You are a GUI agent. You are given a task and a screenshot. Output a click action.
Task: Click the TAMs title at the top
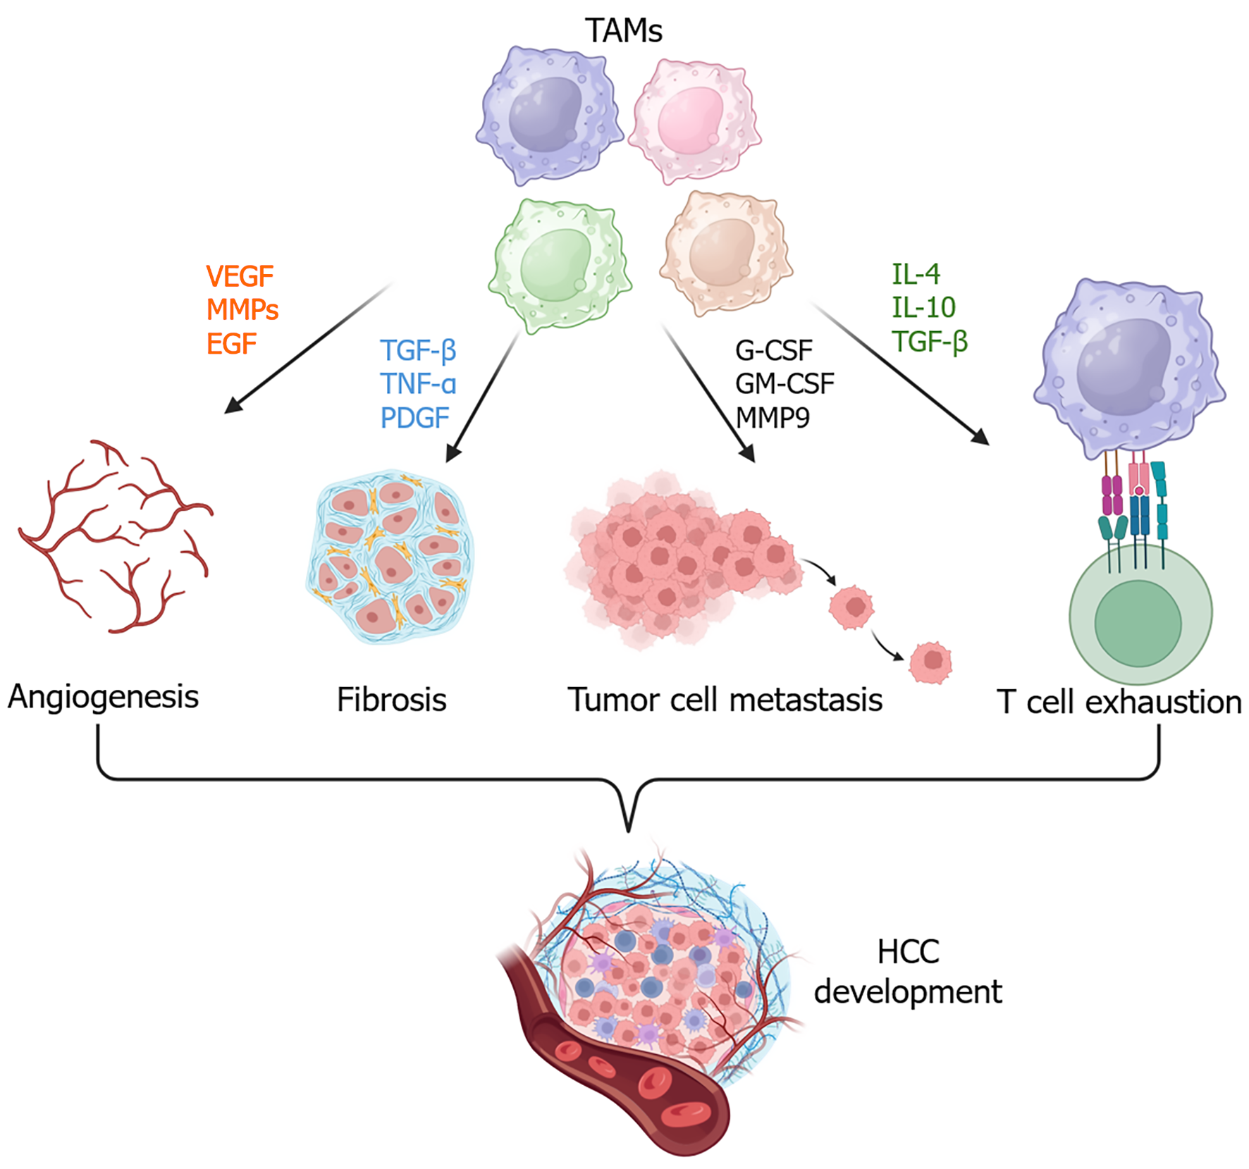coord(624,31)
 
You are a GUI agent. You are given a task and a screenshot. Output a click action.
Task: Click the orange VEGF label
coord(240,276)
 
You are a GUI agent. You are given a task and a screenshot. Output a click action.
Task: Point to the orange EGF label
coord(231,344)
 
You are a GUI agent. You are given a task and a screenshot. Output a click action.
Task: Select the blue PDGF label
coord(414,418)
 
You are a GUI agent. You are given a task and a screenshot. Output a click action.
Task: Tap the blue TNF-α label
coord(418,384)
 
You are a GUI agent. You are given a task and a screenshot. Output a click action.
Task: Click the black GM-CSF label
coord(785,384)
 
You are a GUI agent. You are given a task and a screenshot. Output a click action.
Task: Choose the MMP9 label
coord(773,418)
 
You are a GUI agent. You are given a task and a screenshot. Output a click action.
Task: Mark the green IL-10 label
coord(923,307)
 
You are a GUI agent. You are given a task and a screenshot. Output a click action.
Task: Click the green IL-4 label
coord(916,274)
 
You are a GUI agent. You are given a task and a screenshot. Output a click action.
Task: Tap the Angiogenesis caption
coord(104,697)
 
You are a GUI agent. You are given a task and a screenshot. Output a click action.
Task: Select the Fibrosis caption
coord(392,700)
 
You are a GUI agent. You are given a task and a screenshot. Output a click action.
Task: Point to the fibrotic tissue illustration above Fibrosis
coord(390,557)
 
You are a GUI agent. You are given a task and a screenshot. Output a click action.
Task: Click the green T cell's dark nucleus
coord(1138,623)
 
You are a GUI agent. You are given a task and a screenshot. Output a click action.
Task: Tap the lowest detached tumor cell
coord(930,662)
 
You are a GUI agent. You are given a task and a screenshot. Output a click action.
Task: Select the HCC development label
coord(908,972)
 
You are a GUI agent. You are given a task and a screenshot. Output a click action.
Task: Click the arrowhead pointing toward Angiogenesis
coord(233,405)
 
